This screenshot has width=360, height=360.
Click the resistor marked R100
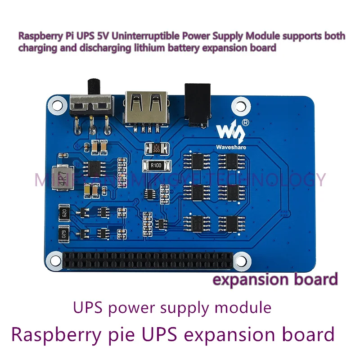156,166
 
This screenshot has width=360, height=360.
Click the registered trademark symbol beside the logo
245,122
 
